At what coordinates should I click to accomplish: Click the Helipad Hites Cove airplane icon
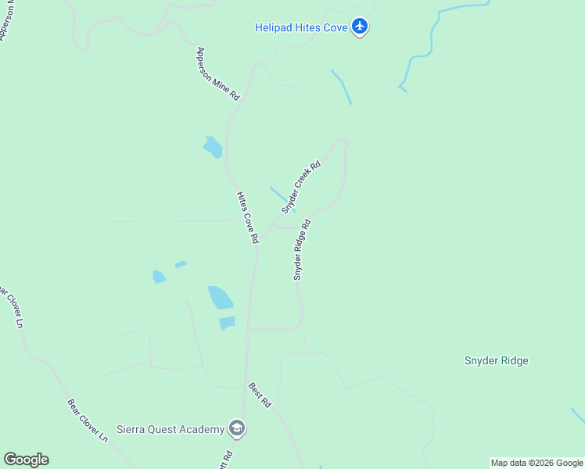tap(360, 27)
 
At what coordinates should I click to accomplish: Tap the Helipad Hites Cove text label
tap(301, 27)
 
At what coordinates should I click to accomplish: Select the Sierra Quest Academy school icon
tap(237, 428)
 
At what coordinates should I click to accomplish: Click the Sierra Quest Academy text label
tap(170, 429)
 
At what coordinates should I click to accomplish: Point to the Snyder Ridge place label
tap(496, 360)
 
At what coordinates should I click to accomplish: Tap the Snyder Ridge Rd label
tap(302, 250)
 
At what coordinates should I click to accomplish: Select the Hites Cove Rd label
tap(247, 218)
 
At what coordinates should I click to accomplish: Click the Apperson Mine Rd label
tap(218, 77)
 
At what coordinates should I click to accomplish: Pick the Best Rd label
tap(260, 395)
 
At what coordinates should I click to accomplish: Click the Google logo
tap(26, 460)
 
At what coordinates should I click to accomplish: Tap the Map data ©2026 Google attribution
tap(537, 463)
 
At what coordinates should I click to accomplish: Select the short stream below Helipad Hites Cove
tap(342, 87)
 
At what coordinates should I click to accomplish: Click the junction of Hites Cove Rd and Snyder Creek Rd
tap(258, 236)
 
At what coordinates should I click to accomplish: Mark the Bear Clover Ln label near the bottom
tap(87, 421)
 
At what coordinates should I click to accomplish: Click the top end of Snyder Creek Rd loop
tap(339, 141)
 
